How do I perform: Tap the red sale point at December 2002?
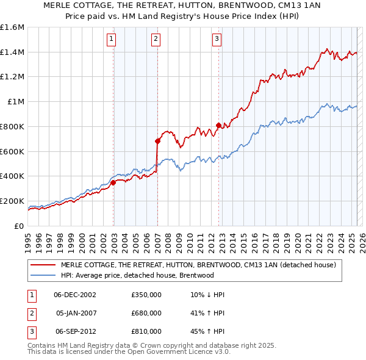113,182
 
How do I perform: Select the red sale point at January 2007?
157,141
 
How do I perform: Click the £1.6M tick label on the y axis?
12,27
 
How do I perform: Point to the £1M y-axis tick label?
15,102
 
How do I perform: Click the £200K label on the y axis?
12,201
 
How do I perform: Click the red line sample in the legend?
43,265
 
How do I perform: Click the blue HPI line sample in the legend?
43,275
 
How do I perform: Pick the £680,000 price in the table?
146,313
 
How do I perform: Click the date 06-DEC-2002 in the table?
75,295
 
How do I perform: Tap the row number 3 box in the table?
32,331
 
